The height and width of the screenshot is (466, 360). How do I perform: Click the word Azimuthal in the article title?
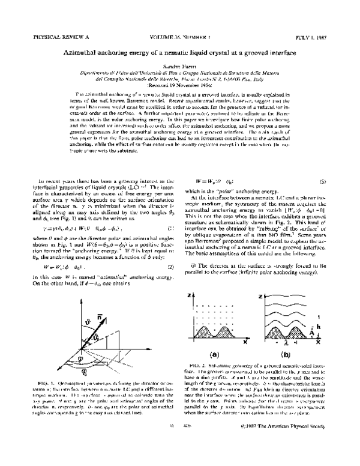86,53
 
